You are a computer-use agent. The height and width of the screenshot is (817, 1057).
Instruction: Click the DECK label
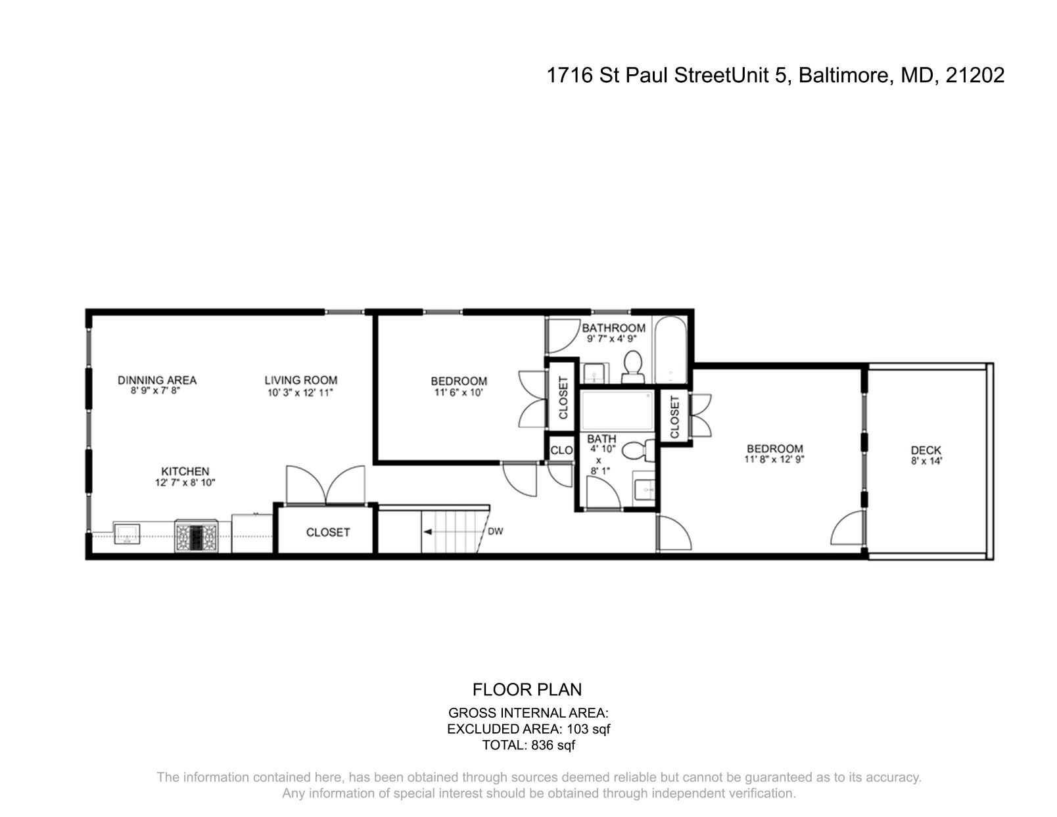click(926, 450)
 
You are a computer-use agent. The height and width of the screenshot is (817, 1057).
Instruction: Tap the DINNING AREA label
click(157, 380)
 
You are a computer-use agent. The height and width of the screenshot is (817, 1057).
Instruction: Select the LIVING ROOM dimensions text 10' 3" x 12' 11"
click(301, 393)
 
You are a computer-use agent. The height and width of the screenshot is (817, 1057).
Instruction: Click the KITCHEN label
click(185, 471)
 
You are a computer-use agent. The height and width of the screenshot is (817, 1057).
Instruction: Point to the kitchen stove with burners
click(196, 536)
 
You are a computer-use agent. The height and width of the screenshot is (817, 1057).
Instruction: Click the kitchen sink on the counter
click(127, 533)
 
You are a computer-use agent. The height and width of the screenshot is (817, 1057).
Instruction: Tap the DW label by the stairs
click(495, 531)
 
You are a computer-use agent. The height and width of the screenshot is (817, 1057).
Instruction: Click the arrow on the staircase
click(429, 532)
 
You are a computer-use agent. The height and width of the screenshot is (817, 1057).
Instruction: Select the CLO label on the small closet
click(561, 450)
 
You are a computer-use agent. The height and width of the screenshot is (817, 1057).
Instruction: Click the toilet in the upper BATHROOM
click(633, 366)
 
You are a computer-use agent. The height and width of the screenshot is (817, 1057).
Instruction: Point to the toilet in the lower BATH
click(636, 451)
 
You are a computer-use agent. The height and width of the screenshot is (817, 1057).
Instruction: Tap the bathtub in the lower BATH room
click(617, 411)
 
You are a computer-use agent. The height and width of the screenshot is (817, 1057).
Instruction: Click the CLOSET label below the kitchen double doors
click(328, 532)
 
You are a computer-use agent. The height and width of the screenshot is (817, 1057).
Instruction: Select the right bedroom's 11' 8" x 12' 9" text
click(774, 460)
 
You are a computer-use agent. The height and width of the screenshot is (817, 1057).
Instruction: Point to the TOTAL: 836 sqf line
click(528, 745)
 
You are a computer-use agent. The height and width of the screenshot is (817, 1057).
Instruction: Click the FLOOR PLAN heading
click(527, 689)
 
